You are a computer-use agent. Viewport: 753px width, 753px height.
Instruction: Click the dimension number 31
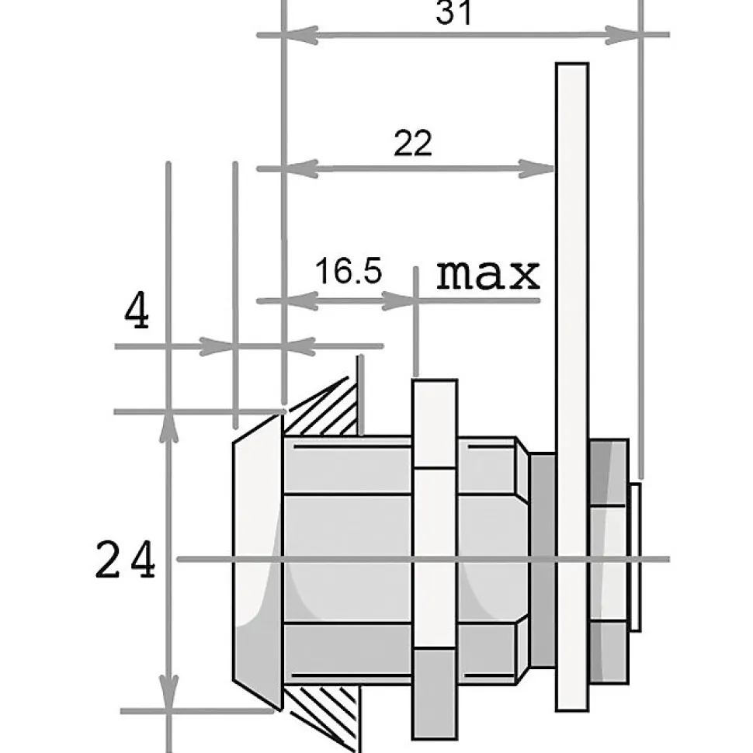pyautogui.click(x=453, y=12)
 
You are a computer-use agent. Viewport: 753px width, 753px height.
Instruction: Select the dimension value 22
pyautogui.click(x=412, y=143)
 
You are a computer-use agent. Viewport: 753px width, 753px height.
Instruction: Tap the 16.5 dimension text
pyautogui.click(x=349, y=270)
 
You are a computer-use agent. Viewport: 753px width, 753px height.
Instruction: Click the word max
pyautogui.click(x=488, y=274)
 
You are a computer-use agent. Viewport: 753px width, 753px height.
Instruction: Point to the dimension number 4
pyautogui.click(x=137, y=310)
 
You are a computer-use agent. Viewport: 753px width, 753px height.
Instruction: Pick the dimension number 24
pyautogui.click(x=125, y=559)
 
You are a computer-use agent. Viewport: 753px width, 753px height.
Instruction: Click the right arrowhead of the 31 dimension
pyautogui.click(x=623, y=35)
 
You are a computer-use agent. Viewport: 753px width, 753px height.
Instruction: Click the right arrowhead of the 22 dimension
pyautogui.click(x=537, y=168)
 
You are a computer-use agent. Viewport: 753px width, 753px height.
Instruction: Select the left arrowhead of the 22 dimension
pyautogui.click(x=301, y=168)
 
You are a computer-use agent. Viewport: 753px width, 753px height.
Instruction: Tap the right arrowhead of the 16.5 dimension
pyautogui.click(x=399, y=301)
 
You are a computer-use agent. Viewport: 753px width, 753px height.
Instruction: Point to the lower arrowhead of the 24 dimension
pyautogui.click(x=168, y=693)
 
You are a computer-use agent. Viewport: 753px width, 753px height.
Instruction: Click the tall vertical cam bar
pyautogui.click(x=572, y=387)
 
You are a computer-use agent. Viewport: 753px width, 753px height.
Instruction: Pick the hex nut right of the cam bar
pyautogui.click(x=609, y=561)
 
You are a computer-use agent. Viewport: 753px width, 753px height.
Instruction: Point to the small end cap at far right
pyautogui.click(x=635, y=557)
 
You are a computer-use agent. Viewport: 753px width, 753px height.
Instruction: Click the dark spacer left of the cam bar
pyautogui.click(x=543, y=560)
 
